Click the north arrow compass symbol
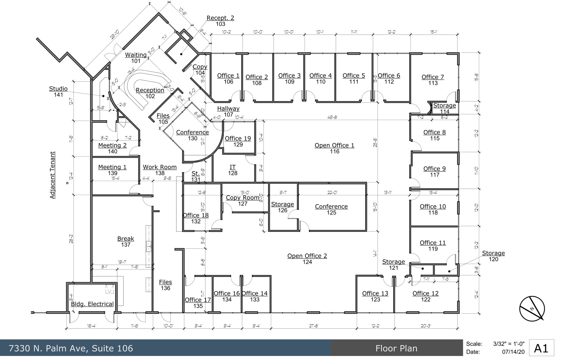click(x=532, y=309)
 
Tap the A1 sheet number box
click(x=541, y=348)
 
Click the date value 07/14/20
click(x=513, y=352)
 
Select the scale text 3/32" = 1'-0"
click(x=508, y=344)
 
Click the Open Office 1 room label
click(x=334, y=148)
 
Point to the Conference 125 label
click(x=331, y=209)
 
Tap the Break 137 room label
click(x=126, y=241)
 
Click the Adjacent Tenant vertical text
click(x=52, y=175)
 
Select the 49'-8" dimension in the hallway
click(x=332, y=117)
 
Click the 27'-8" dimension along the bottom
click(x=313, y=326)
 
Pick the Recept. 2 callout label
click(x=220, y=21)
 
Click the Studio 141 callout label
click(x=58, y=91)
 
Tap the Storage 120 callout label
click(x=493, y=256)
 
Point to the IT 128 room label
click(x=232, y=170)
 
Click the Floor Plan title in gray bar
click(x=396, y=348)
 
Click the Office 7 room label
click(x=433, y=80)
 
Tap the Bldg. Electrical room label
click(x=92, y=304)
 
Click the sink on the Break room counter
click(x=148, y=246)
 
